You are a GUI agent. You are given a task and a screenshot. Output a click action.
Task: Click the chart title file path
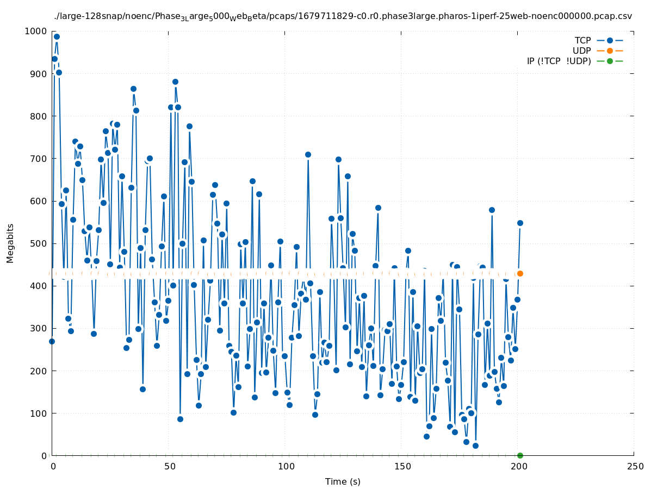click(x=343, y=16)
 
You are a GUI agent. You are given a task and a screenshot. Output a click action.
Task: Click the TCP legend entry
click(x=582, y=40)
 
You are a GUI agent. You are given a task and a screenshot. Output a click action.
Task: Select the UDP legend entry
click(x=581, y=51)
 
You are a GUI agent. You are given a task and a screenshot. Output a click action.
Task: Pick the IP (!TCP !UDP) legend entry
click(x=559, y=61)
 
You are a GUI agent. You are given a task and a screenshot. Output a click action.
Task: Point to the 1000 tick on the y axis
click(x=35, y=31)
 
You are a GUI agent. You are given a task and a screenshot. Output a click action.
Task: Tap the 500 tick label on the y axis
click(x=38, y=243)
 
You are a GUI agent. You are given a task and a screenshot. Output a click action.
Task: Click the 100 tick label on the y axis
click(x=38, y=413)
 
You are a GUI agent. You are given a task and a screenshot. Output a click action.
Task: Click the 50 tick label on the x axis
click(x=170, y=467)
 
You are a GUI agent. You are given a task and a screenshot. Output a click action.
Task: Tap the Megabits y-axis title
click(x=10, y=243)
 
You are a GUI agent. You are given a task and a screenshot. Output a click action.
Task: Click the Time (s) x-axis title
click(x=343, y=481)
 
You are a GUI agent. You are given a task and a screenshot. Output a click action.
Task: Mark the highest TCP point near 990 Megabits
click(x=57, y=37)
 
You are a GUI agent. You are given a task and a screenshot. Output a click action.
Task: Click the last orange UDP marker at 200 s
click(x=520, y=273)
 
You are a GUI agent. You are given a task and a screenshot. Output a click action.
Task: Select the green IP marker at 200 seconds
click(x=520, y=455)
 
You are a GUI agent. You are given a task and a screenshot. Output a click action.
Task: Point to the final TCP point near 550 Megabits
click(x=520, y=223)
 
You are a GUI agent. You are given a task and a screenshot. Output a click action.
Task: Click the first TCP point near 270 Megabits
click(x=52, y=341)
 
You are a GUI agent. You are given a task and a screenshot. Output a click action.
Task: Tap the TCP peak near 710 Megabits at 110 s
click(x=308, y=154)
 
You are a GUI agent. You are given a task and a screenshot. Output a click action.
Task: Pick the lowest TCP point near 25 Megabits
click(x=475, y=446)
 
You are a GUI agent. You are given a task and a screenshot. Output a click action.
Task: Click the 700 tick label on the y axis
click(x=38, y=159)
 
